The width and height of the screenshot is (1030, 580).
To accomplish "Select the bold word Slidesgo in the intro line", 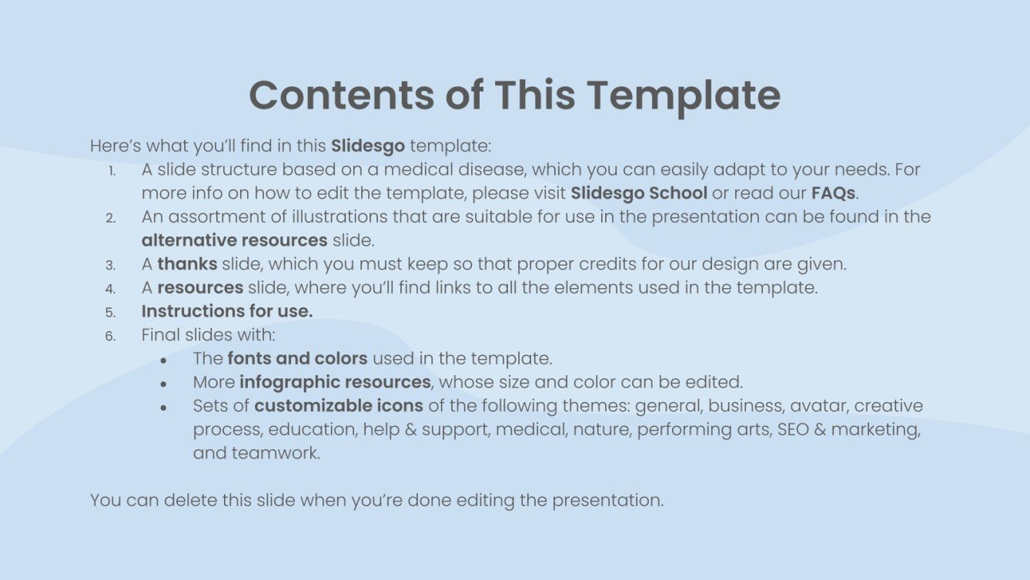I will coord(367,145).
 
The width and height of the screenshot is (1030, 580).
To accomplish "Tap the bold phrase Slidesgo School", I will coord(639,193).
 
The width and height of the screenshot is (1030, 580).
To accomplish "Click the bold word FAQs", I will coord(833,193).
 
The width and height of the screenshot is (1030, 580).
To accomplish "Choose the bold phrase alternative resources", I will coord(234,240).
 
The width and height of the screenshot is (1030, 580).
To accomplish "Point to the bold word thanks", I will coord(187,264).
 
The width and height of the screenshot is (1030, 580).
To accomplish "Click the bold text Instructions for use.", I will coord(227,311).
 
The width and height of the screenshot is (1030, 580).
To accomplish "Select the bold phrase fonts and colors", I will coord(298,358).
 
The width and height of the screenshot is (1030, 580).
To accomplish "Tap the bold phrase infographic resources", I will coord(335,382).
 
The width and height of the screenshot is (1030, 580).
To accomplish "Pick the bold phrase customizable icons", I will coord(339,406).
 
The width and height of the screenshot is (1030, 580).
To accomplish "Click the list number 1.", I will coord(112,170).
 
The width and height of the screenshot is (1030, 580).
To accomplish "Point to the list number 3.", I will coord(111,265).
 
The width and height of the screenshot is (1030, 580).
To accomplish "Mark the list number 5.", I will coord(111,313).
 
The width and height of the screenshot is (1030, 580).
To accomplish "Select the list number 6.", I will coord(111,337).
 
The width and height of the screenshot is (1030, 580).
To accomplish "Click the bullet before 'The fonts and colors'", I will coord(164,360).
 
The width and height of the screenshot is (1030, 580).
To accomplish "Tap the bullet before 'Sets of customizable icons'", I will coord(164,407).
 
